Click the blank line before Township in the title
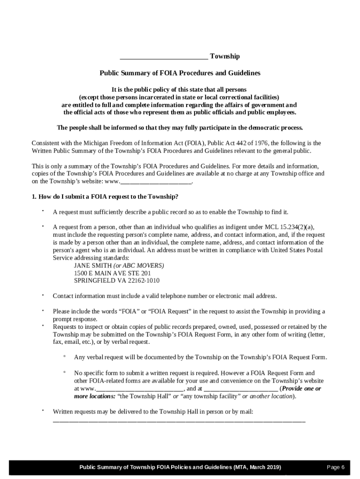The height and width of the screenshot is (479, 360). tap(164, 57)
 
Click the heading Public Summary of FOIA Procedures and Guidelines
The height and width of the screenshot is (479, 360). tap(180, 73)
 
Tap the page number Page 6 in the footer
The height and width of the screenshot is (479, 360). tap(336, 467)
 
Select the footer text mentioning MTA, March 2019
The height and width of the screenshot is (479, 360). tap(180, 467)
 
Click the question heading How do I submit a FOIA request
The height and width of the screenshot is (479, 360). tap(105, 196)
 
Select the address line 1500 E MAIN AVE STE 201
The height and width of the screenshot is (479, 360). tap(112, 273)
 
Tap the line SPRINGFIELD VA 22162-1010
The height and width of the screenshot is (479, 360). tap(117, 281)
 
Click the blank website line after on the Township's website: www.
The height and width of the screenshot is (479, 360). tap(156, 182)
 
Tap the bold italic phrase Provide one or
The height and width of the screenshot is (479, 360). tap(301, 388)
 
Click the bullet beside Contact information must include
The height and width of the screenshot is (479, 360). tap(43, 295)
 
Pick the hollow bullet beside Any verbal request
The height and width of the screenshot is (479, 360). tap(64, 357)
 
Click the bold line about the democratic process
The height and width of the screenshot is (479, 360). tap(180, 128)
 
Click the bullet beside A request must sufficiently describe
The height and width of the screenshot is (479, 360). tap(43, 211)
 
